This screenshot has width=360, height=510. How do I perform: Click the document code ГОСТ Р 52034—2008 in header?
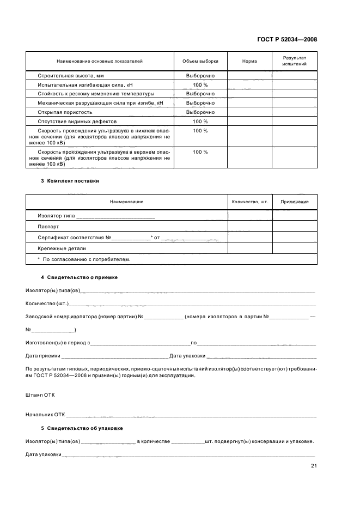coord(287,39)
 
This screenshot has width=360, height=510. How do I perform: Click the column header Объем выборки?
coord(200,61)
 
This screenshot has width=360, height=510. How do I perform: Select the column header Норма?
coord(249,61)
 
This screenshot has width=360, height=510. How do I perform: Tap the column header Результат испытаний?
coord(294,61)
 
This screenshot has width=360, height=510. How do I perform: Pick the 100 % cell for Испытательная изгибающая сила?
coord(200,85)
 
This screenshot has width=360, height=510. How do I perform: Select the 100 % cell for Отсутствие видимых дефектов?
coord(200,121)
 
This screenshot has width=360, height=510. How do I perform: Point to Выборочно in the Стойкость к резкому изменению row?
coord(200,94)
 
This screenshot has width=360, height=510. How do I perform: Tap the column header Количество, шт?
coord(250,202)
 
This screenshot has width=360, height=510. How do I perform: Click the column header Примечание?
coord(294,202)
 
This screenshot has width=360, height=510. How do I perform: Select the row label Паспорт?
coord(48,226)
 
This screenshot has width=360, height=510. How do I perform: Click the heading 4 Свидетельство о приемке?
coord(80,277)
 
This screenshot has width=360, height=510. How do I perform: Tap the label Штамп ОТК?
coord(40,394)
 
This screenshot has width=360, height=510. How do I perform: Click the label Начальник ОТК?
coord(45,415)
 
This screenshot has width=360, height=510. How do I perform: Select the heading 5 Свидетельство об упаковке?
coord(82,428)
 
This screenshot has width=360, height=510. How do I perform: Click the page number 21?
coord(314,465)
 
